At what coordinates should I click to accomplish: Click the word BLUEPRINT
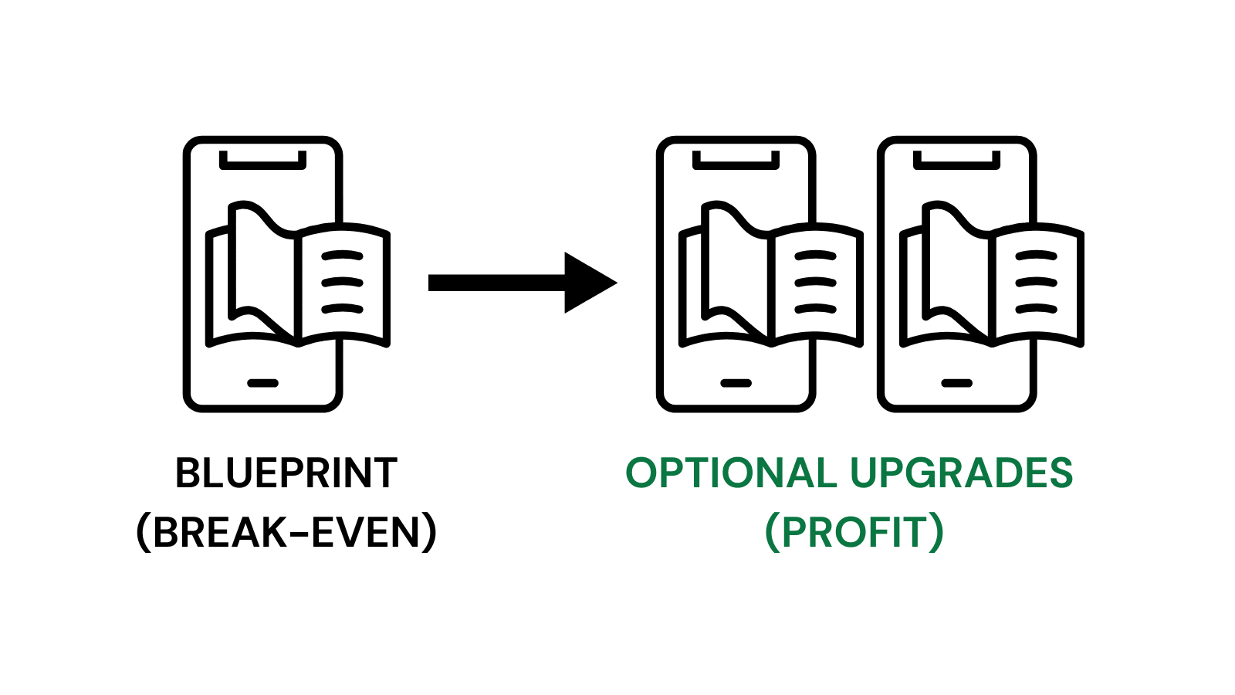tap(286, 473)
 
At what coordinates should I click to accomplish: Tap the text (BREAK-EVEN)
tap(286, 532)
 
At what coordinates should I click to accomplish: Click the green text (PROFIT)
tap(854, 532)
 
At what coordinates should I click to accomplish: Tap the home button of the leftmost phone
tap(262, 383)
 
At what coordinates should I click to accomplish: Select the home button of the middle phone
tap(736, 383)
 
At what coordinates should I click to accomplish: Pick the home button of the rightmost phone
tap(957, 383)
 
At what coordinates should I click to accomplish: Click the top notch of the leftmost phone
tap(262, 162)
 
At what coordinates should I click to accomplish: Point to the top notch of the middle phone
tap(736, 162)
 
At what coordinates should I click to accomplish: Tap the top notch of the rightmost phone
tap(957, 162)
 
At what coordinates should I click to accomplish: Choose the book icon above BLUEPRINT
tap(297, 274)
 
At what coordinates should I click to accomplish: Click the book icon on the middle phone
tap(770, 274)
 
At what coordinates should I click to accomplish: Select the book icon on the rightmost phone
tap(992, 274)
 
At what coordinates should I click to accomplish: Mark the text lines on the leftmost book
tap(342, 283)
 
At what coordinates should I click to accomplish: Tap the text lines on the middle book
tap(815, 283)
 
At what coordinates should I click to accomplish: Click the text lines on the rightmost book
tap(1037, 283)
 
